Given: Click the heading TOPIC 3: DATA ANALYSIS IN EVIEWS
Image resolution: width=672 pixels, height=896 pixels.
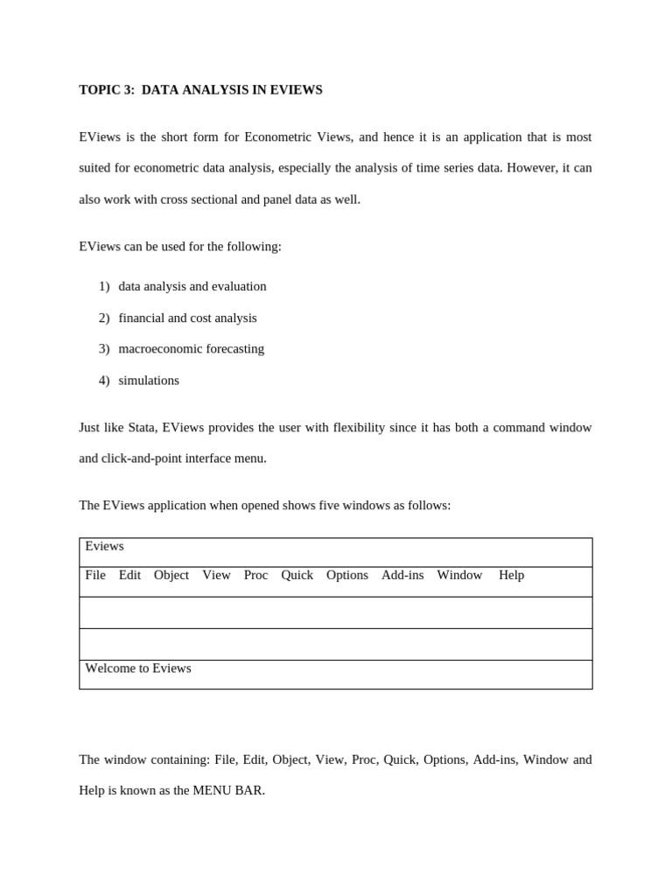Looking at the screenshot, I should (200, 90).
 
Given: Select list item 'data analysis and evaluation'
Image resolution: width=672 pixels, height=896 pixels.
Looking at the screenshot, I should (192, 286).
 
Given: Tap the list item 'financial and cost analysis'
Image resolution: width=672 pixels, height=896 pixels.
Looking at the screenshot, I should (187, 318).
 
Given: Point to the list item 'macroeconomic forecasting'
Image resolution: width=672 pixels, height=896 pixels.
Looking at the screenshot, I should (191, 348).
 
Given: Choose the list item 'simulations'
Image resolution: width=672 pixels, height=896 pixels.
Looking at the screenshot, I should (149, 380).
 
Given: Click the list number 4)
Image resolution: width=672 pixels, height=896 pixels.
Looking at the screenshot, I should (104, 380).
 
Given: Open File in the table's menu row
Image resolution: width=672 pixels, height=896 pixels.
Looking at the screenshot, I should (95, 575).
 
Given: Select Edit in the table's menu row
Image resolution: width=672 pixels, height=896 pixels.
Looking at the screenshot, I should (129, 575).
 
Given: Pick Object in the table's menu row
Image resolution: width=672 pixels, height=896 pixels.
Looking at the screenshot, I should (171, 575).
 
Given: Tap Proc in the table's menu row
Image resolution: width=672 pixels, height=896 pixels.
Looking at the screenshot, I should (255, 575).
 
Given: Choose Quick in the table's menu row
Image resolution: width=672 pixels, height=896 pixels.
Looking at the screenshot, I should (297, 575).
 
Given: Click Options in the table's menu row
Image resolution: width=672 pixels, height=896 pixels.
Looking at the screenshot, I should (347, 575).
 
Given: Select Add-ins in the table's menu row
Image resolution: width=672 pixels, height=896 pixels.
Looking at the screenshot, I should (402, 575).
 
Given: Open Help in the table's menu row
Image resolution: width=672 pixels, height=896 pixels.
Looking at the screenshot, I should (511, 575).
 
